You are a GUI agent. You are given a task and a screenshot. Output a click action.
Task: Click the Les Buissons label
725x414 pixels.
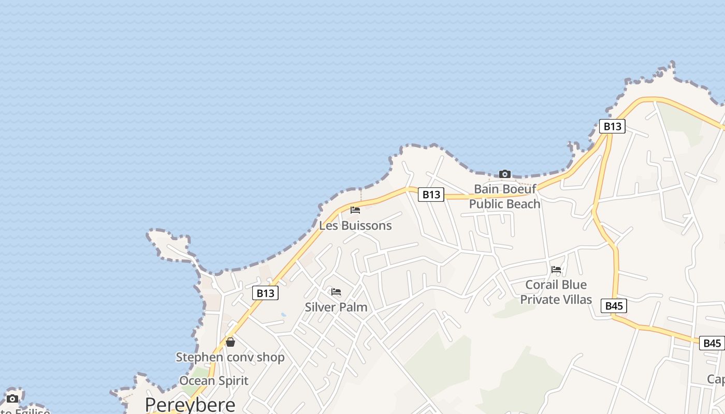(x=355, y=226)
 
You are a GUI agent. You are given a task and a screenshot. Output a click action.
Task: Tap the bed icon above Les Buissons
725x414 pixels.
(x=355, y=210)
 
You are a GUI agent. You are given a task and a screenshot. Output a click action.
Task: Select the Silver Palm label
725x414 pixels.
(x=336, y=307)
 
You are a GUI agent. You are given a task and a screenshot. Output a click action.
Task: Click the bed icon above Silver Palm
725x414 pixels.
(x=336, y=292)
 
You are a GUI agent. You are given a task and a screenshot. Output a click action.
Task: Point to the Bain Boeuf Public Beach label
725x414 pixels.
(x=504, y=196)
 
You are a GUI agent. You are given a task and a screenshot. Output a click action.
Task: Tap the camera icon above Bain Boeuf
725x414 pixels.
(x=504, y=174)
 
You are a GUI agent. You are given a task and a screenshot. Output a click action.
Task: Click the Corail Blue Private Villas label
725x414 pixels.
(x=556, y=292)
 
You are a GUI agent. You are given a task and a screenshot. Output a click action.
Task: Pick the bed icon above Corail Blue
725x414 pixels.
(x=556, y=270)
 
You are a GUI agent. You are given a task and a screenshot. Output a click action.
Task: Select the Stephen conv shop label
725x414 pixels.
(x=230, y=357)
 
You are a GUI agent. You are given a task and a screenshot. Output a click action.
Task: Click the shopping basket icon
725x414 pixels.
(x=230, y=342)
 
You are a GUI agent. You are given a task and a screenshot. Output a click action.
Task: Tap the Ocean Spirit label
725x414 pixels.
(x=214, y=381)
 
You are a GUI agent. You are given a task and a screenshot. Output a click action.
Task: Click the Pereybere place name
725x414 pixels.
(x=190, y=404)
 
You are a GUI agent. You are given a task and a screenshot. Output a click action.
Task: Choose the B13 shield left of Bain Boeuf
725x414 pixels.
(x=431, y=195)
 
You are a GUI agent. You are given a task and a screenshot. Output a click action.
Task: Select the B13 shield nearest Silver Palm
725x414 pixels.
(x=265, y=293)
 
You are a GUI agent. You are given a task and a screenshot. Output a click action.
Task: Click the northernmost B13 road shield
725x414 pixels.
(x=612, y=126)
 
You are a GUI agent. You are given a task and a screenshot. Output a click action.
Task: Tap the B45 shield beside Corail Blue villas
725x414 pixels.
(x=614, y=306)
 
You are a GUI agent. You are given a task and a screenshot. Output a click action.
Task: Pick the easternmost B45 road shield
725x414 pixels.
(x=712, y=343)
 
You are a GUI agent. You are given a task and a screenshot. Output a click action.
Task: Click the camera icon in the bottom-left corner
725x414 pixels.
(x=12, y=398)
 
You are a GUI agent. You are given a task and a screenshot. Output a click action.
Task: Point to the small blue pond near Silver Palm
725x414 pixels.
(x=283, y=314)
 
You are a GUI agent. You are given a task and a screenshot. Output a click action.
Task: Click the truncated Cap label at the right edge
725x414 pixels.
(x=716, y=379)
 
